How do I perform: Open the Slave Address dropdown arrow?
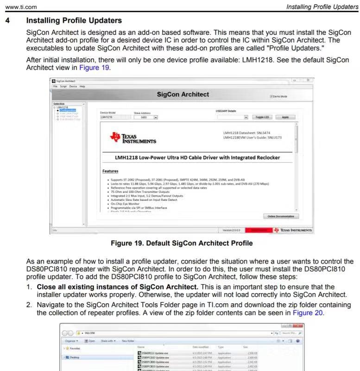click(x=156, y=117)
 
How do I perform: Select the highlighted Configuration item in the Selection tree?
click(x=68, y=110)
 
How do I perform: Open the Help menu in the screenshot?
click(x=82, y=87)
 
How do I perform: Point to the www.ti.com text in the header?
click(x=17, y=6)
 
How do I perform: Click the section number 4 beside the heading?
click(x=6, y=20)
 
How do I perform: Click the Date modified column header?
click(x=202, y=346)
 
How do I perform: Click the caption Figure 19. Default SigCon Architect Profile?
click(x=180, y=243)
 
